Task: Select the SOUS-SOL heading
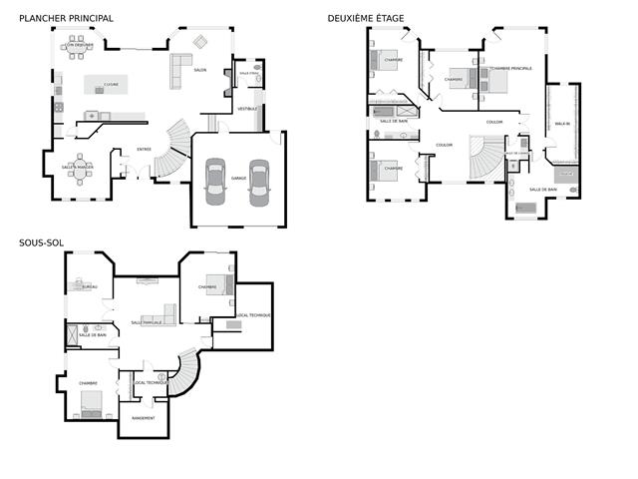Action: pos(41,241)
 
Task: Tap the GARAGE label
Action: pos(238,178)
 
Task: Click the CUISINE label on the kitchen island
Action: pos(112,85)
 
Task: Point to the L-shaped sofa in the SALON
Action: pos(180,69)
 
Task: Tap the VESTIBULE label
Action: pos(247,108)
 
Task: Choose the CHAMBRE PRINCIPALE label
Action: pos(511,69)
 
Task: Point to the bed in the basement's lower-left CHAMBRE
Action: pos(92,403)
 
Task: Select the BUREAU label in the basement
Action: pos(90,286)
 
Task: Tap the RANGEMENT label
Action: pos(143,418)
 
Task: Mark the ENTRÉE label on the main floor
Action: pos(144,150)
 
